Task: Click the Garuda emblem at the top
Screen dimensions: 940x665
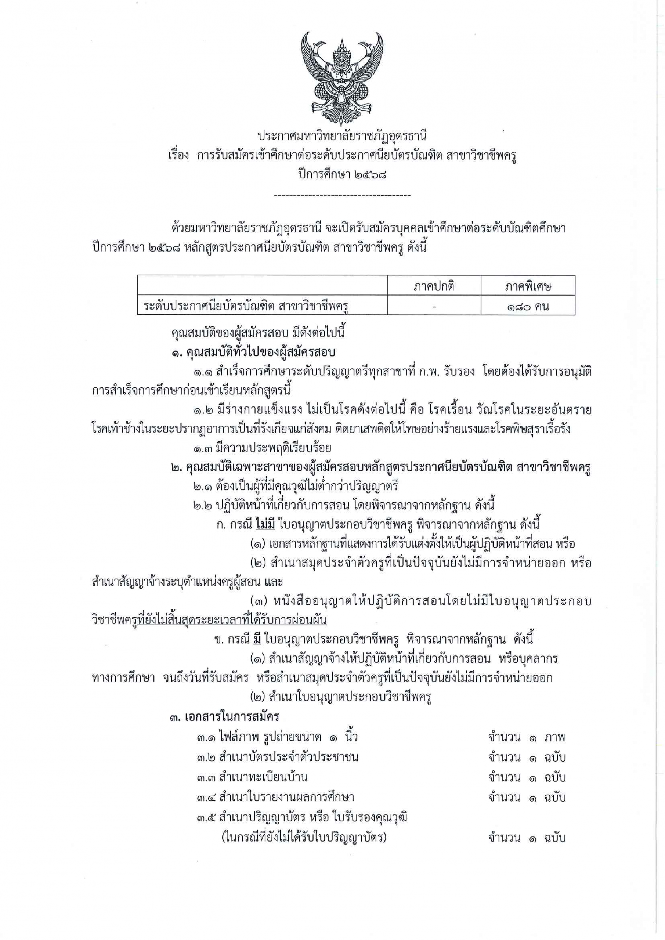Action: pyautogui.click(x=342, y=75)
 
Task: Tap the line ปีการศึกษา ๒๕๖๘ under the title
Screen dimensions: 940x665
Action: pyautogui.click(x=342, y=175)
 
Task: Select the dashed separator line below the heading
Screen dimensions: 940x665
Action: pyautogui.click(x=342, y=196)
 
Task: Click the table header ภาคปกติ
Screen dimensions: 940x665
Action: pyautogui.click(x=434, y=286)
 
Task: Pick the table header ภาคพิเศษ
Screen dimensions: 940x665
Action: pyautogui.click(x=528, y=286)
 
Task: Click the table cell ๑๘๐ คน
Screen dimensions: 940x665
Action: pyautogui.click(x=528, y=306)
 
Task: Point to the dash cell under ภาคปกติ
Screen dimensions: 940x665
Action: pyautogui.click(x=434, y=306)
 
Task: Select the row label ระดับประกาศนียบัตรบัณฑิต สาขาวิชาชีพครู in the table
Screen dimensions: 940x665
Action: pyautogui.click(x=246, y=306)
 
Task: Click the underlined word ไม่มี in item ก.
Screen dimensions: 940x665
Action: pyautogui.click(x=265, y=524)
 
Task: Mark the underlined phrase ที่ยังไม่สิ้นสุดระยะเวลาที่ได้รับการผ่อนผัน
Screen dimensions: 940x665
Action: pyautogui.click(x=232, y=620)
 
